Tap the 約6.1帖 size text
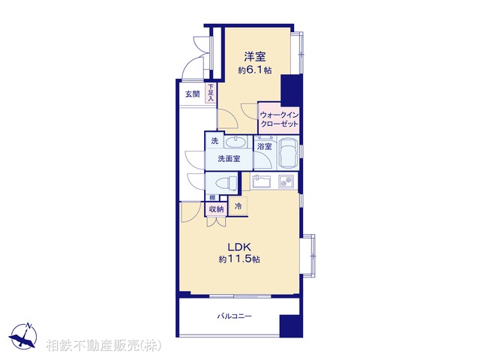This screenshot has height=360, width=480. [x=256, y=70]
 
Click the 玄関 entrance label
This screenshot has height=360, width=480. [x=192, y=94]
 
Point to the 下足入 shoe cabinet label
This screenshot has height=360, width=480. [x=211, y=93]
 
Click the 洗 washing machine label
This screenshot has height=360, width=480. [x=214, y=141]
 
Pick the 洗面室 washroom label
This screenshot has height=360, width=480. [x=229, y=158]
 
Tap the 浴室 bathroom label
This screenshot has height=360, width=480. [x=265, y=147]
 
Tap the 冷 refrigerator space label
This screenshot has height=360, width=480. [x=238, y=205]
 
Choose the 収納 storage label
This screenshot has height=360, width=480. [x=216, y=209]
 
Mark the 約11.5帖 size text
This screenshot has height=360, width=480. [x=239, y=259]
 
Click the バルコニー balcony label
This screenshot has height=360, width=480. [x=235, y=316]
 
